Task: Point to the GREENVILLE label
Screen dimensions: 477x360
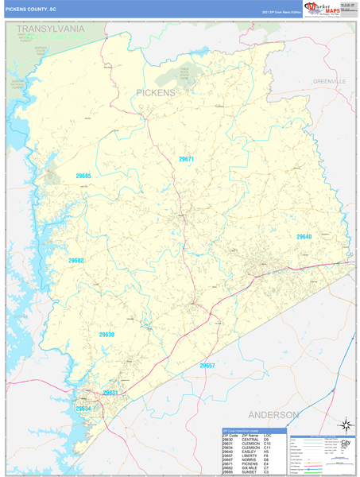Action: tap(329, 81)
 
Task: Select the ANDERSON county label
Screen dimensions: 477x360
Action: tap(273, 415)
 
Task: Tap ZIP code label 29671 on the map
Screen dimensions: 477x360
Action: tap(187, 160)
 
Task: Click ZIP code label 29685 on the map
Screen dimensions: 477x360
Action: tap(83, 176)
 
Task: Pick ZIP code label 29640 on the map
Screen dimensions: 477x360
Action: tap(304, 237)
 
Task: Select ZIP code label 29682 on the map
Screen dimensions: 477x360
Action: tap(75, 261)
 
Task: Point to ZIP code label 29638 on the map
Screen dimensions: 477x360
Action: tap(106, 335)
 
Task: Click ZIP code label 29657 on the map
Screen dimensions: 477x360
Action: tap(208, 365)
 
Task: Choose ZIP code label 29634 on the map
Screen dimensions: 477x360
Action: tap(83, 408)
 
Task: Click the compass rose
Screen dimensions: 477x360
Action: tap(346, 425)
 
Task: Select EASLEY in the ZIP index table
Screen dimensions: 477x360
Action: tap(250, 452)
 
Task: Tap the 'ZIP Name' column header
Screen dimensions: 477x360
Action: tap(250, 435)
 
